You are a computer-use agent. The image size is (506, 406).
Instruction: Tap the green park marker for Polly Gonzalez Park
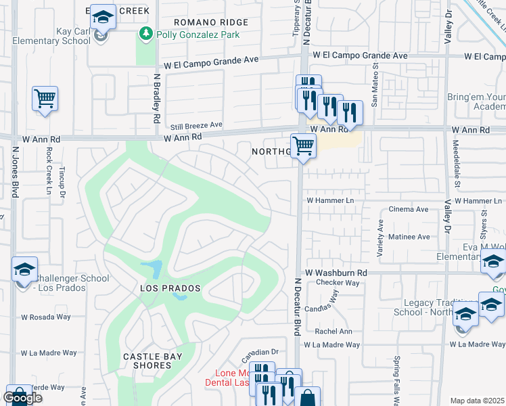tap(145, 35)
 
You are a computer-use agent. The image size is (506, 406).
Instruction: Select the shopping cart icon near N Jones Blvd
tap(45, 99)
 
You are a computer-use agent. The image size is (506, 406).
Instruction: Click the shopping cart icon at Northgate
tap(303, 145)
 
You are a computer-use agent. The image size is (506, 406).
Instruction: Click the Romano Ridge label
tap(210, 22)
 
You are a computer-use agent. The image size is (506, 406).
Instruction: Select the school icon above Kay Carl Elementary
tap(103, 16)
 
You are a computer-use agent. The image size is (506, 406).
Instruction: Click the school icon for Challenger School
tap(24, 270)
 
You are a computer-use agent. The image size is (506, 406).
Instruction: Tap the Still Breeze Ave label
tap(196, 125)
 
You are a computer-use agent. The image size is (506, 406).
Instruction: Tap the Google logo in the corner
tap(22, 398)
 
